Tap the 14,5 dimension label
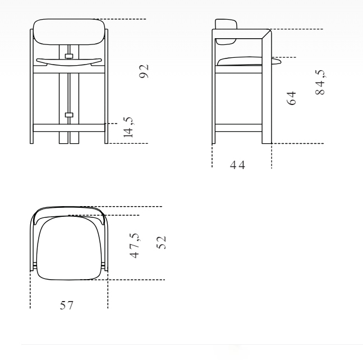click(128, 127)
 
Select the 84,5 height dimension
click(321, 84)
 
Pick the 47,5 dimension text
click(135, 245)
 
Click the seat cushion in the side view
click(238, 62)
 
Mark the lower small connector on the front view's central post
click(69, 115)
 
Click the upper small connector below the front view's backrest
click(69, 55)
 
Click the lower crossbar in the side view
click(238, 127)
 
